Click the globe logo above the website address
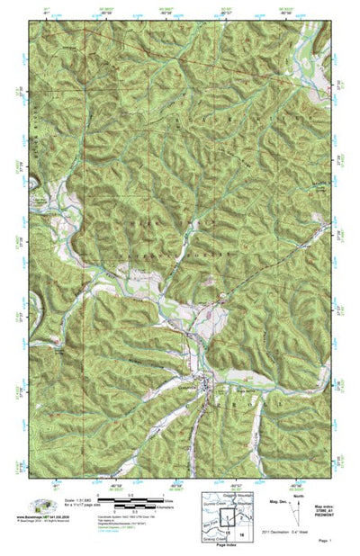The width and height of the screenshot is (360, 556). [40, 506]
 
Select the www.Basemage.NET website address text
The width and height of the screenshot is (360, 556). [42, 517]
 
